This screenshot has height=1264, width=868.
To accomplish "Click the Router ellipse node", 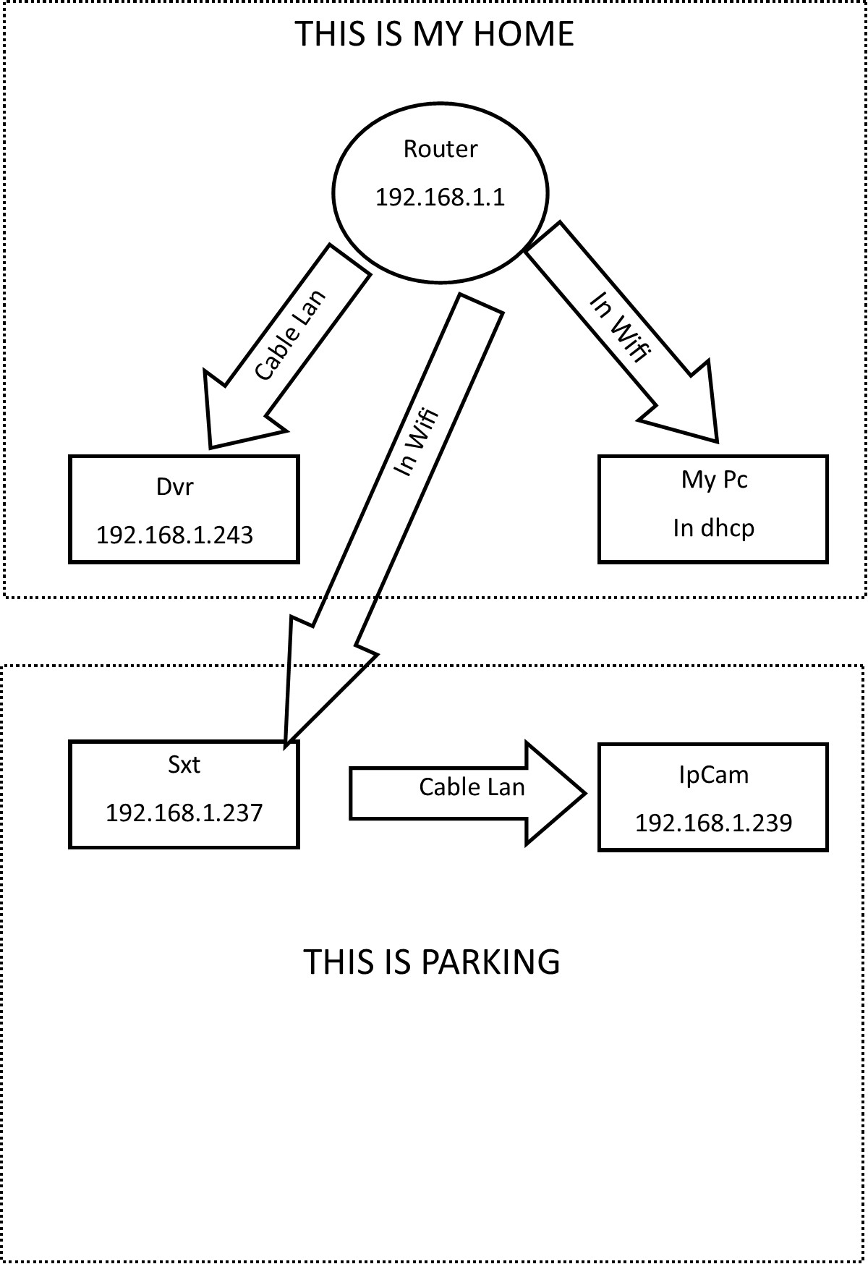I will coord(440,232).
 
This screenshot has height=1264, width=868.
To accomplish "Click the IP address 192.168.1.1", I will coord(440,198).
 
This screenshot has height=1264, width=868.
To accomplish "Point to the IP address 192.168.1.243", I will coord(174,535).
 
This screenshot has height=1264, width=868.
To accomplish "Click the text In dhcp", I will coord(713,528).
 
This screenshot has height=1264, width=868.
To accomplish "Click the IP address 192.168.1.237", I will coord(184,813).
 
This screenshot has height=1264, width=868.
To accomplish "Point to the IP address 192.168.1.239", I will coord(713,823).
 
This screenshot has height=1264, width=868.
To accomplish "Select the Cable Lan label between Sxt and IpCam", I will coord(472,787).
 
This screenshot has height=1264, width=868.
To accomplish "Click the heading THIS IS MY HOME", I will coord(434,34).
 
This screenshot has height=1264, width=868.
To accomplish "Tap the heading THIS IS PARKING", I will coord(431,962).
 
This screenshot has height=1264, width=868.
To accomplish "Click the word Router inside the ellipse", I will coord(440,149).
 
